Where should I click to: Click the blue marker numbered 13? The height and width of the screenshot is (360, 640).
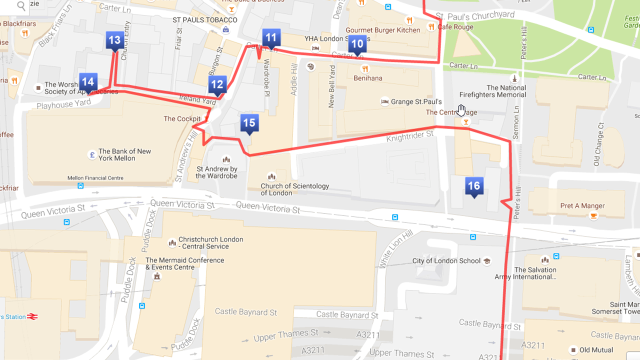pos(115,40)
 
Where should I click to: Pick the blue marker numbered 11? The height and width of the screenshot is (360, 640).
pos(271,38)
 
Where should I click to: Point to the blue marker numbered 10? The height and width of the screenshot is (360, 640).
pos(357,44)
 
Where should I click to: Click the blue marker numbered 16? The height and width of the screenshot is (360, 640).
pos(473,186)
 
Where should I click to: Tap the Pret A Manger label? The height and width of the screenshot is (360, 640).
pos(582,206)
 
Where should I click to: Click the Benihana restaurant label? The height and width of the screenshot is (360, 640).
pos(368,78)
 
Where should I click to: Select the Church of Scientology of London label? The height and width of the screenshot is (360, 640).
pos(294,189)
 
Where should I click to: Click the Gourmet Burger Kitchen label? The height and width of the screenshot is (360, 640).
pos(383,30)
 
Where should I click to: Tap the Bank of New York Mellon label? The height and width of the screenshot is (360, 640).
pos(124,155)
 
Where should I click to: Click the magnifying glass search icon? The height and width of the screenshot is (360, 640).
pos(21,6)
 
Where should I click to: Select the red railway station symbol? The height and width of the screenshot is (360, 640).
pos(33,316)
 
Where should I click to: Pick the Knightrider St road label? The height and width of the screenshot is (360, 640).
pos(410,135)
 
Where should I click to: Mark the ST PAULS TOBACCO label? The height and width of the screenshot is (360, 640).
pos(198,20)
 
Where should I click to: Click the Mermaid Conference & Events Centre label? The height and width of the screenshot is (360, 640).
pos(184,263)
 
